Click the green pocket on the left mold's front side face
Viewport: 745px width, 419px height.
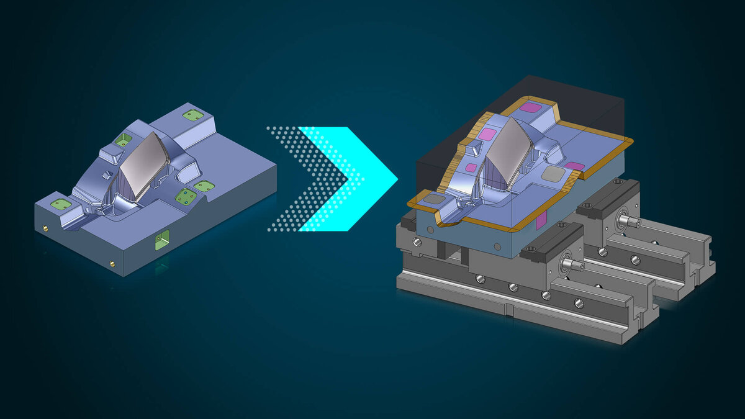[x=161, y=240]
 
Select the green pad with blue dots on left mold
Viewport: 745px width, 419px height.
[x=186, y=197]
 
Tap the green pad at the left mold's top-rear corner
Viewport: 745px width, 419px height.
[x=192, y=115]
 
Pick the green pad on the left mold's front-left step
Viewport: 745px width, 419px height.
[x=60, y=204]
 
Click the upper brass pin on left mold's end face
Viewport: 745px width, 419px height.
[x=45, y=228]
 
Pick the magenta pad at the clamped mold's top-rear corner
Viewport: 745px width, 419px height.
[x=531, y=107]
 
